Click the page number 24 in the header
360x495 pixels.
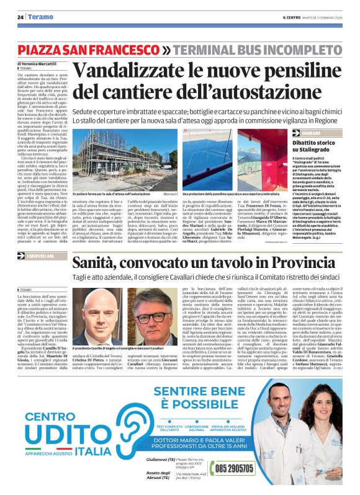tap(21, 16)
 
